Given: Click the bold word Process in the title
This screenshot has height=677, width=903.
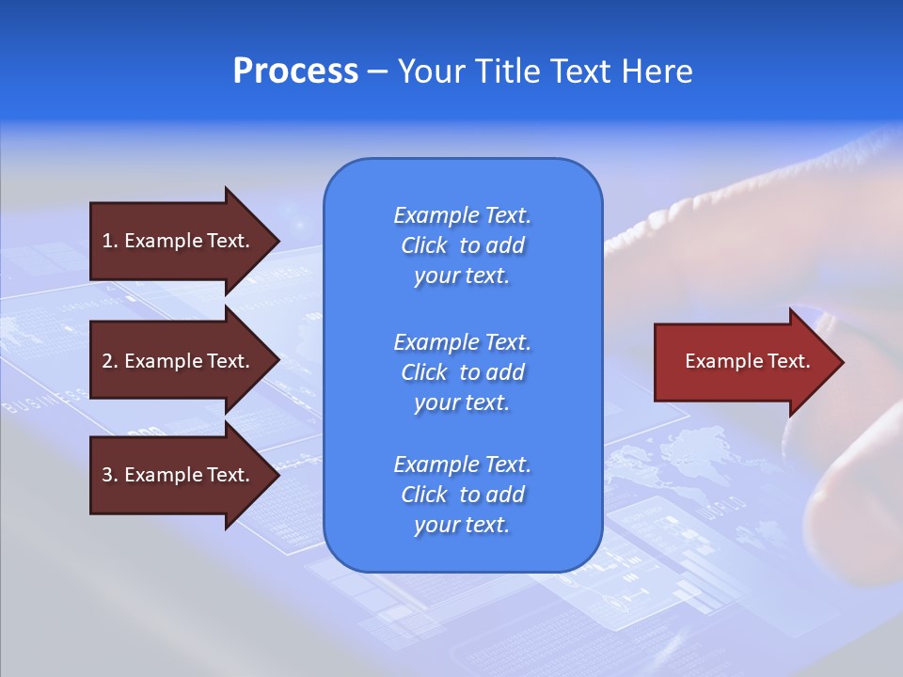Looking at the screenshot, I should (x=295, y=71).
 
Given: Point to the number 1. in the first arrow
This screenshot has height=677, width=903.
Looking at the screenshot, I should (x=110, y=241).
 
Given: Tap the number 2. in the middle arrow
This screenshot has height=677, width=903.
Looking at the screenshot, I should (x=110, y=361).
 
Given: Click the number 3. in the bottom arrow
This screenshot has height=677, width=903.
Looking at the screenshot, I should (x=110, y=475).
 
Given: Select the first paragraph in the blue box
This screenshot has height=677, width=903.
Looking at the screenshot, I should (x=462, y=245).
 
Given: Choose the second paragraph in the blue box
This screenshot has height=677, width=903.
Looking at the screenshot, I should (x=462, y=372).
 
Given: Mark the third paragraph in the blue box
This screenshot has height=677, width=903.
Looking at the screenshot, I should (x=462, y=495).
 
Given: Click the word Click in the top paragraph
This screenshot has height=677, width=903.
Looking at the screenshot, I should (x=423, y=245).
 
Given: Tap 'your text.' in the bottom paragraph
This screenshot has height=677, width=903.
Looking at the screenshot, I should (x=462, y=526).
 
